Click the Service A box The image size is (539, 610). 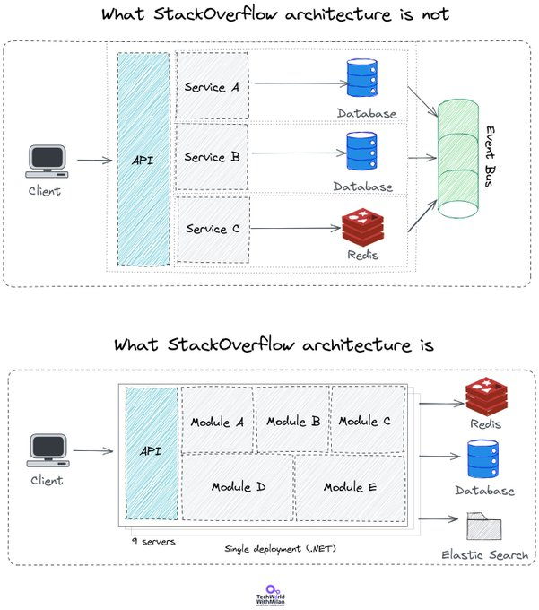pos(213,85)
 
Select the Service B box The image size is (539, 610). pos(212,157)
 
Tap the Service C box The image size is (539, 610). pos(213,229)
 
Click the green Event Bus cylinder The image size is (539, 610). pos(458,159)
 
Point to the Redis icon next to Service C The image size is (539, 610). pos(363,227)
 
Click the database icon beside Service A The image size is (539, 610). pos(362,77)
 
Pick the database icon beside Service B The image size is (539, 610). pos(361,151)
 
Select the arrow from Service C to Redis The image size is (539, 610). pos(296,228)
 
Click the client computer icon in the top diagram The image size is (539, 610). pos(47,161)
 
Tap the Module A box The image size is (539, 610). pos(217,420)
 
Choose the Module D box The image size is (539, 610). pos(238,487)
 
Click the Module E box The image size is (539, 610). pos(351,487)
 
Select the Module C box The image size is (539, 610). pos(368,419)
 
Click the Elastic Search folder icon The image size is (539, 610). pos(484,526)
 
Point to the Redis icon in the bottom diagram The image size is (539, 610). pos(486,396)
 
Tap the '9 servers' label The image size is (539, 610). pos(153,541)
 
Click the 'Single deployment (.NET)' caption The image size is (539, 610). pos(281,548)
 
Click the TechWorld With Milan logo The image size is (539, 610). pos(271,596)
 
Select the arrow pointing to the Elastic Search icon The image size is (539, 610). pos(439,518)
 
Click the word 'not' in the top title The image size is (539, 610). pos(436,14)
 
